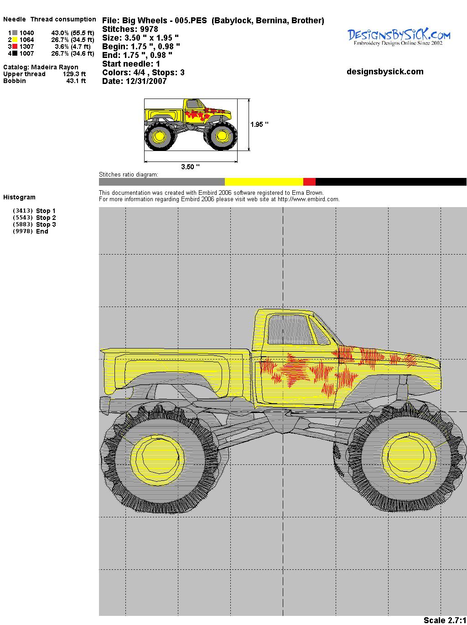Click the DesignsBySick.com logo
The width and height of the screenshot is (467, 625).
(399, 37)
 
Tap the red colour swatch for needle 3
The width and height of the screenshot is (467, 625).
(15, 47)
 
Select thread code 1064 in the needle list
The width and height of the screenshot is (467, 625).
(27, 40)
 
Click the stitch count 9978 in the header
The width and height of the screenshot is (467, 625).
(149, 29)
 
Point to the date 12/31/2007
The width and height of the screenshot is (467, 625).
(146, 81)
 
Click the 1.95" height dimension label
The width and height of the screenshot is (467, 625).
(259, 125)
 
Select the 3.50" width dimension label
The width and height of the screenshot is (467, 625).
(190, 167)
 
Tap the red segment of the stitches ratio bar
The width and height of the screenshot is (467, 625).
(309, 182)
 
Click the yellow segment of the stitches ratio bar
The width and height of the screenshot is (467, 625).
(264, 182)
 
